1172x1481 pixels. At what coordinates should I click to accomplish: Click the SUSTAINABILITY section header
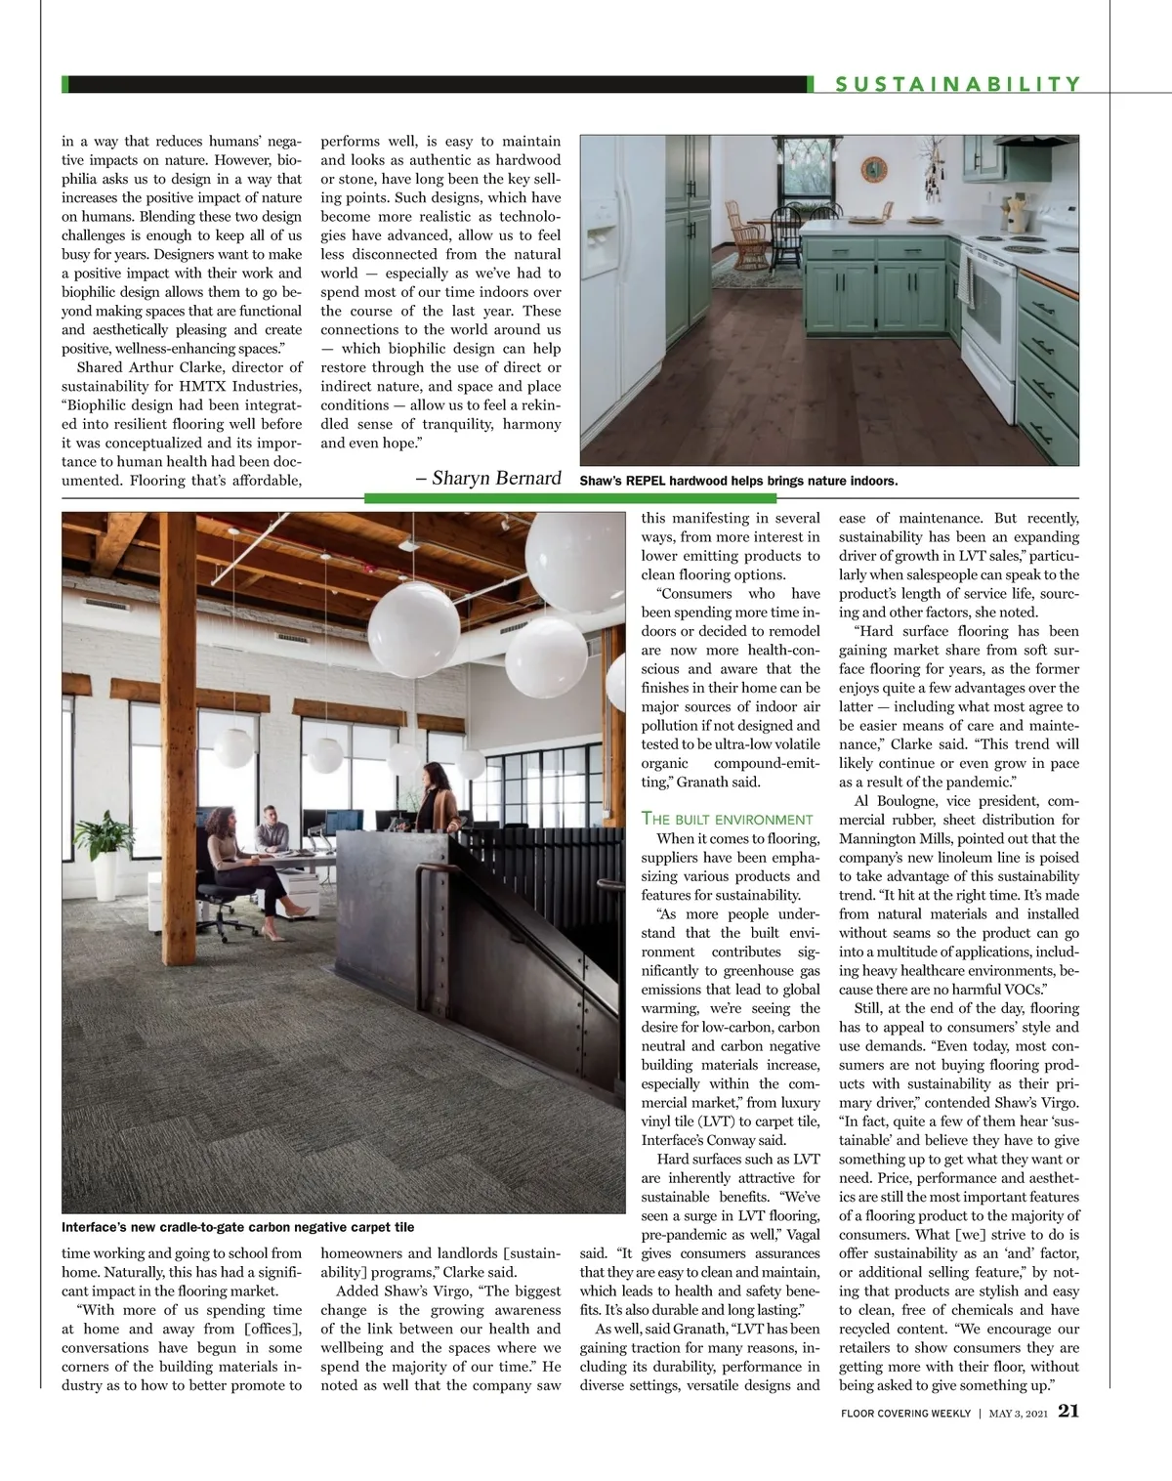coord(957,85)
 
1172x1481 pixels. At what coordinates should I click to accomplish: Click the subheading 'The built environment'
coord(727,819)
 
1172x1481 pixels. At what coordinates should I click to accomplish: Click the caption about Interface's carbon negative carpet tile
coord(237,1227)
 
